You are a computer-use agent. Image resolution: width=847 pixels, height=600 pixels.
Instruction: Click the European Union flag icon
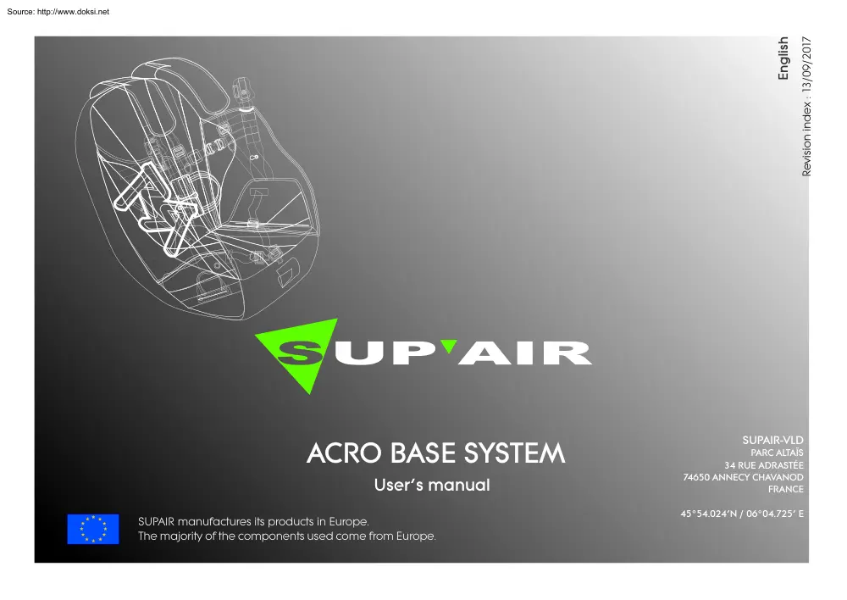click(93, 529)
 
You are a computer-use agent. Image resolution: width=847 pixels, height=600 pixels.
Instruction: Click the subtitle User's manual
click(432, 486)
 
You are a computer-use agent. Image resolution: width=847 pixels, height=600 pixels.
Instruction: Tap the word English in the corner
click(783, 58)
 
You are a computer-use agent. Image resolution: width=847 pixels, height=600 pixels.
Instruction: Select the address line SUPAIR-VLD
click(772, 440)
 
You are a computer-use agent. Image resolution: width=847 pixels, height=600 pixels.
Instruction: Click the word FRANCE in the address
click(785, 489)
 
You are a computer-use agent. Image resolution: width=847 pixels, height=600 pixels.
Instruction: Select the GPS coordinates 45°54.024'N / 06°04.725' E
click(742, 514)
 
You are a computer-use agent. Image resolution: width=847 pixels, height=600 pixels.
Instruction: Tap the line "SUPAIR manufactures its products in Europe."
click(252, 521)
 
